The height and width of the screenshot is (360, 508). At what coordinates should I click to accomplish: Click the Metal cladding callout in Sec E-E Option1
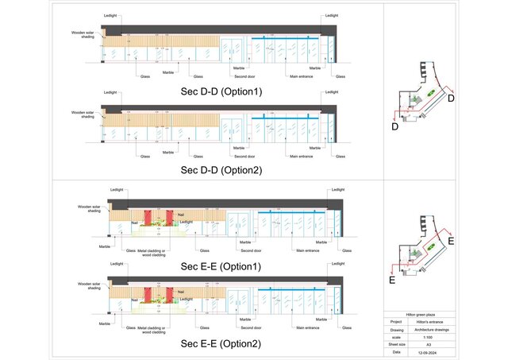[x=151, y=252]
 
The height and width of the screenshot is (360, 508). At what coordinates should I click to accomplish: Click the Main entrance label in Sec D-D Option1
[x=301, y=77]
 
